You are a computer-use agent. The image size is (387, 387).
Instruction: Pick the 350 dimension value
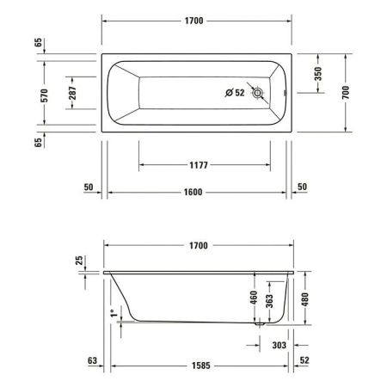[x=317, y=75]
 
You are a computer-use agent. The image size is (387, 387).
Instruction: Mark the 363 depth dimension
[x=270, y=303]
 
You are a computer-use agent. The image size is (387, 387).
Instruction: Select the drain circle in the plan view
[x=255, y=98]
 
